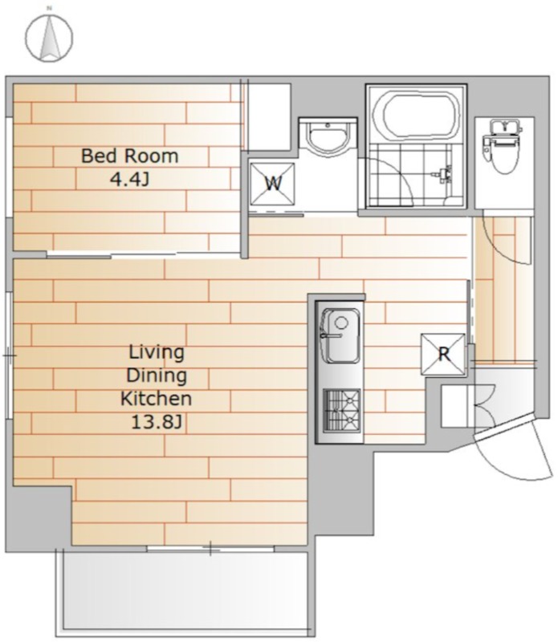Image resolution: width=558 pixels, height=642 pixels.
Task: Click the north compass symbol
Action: click(x=50, y=37)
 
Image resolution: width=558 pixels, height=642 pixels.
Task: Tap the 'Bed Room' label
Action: click(x=130, y=156)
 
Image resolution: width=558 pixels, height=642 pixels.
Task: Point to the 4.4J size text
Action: click(x=129, y=179)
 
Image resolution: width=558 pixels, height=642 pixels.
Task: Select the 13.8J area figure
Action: click(x=156, y=422)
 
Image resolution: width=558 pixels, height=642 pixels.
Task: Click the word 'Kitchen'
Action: click(x=156, y=398)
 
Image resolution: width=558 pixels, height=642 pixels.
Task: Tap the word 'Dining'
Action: click(x=157, y=375)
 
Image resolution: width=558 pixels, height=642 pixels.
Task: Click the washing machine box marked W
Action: click(x=273, y=184)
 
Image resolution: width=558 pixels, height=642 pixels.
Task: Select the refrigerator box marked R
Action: click(x=444, y=354)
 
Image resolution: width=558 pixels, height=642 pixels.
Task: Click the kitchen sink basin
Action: click(x=340, y=335)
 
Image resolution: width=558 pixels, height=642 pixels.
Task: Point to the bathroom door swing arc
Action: click(x=394, y=179)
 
